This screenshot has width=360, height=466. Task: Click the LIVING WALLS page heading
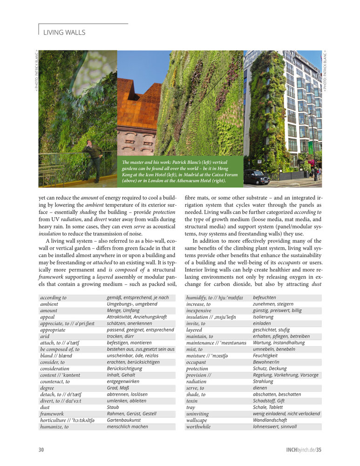[x=64, y=33]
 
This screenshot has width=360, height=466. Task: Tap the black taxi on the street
[x=256, y=177]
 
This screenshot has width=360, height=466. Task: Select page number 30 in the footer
[x=41, y=450]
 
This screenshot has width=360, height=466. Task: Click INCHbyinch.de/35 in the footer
[x=303, y=450]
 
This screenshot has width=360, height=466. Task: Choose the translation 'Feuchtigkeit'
[x=268, y=355]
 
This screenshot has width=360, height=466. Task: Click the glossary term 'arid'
[x=46, y=336]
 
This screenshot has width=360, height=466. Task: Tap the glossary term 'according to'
[x=53, y=297]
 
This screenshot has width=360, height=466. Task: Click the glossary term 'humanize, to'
[x=54, y=426]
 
